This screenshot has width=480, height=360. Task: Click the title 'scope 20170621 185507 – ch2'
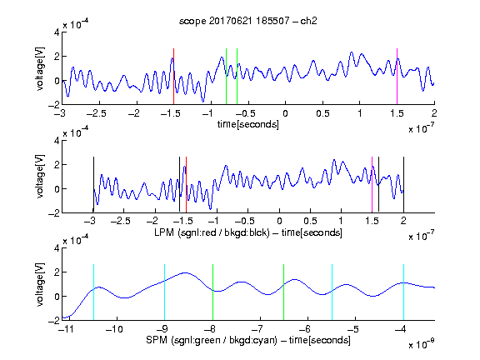pos(248,21)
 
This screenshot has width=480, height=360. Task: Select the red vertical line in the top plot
pos(173,76)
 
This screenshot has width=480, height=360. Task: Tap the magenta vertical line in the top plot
pos(397,76)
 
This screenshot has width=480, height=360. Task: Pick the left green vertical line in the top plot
pos(226,76)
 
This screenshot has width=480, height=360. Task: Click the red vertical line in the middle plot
pos(186,184)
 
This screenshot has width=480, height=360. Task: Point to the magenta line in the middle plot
pos(372,184)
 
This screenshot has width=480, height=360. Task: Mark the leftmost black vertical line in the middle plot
pos(93,184)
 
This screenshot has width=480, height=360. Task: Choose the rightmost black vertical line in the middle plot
pos(403,184)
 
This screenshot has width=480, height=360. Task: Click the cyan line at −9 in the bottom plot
pos(165,292)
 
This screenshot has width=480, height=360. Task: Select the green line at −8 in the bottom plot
pos(212,292)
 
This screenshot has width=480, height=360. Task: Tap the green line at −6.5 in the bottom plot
pos(284,292)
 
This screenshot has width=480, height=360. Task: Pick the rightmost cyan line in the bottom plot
pos(403,292)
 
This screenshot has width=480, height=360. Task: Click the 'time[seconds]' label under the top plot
pos(248,124)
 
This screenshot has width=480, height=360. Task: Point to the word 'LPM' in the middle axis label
pos(164,232)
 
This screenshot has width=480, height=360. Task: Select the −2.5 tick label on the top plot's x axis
pos(96,113)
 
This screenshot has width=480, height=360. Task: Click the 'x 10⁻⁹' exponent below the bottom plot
pos(421,344)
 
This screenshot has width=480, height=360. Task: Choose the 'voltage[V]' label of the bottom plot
pos(40,284)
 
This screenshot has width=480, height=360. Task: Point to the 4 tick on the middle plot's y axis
pos(57,141)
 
